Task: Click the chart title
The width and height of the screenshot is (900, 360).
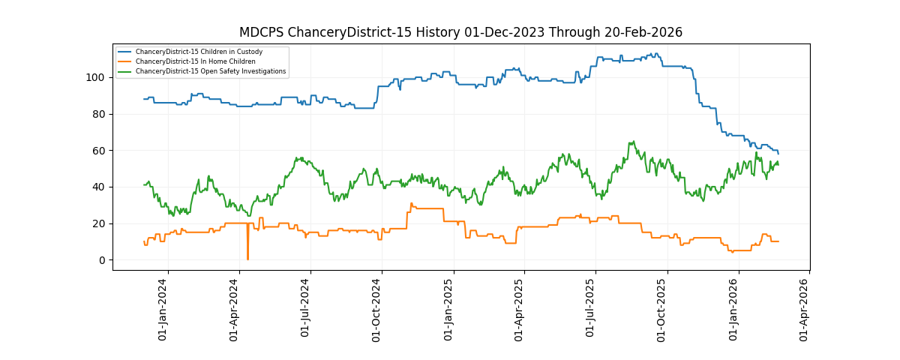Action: tap(460, 32)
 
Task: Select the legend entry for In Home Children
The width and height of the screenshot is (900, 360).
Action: tap(195, 61)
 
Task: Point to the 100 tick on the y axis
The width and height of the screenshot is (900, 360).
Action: tap(100, 77)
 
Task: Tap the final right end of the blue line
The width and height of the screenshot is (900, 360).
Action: tap(778, 154)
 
